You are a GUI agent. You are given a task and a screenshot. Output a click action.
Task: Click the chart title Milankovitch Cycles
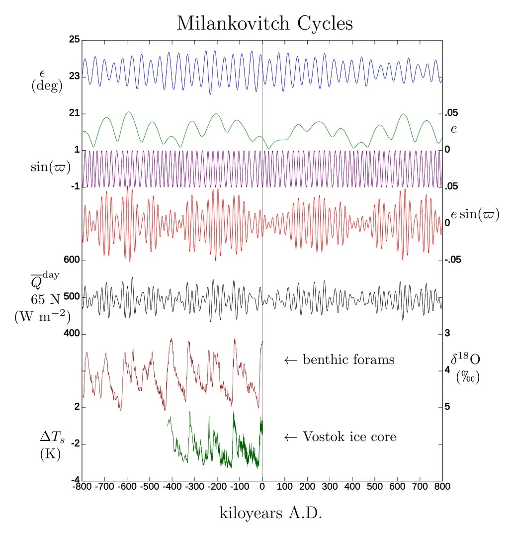[264, 23]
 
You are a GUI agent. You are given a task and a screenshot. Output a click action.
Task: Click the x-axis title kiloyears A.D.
[270, 513]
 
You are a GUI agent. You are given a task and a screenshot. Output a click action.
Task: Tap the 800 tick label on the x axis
[442, 486]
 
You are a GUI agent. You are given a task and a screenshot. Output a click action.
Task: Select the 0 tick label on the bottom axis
[262, 486]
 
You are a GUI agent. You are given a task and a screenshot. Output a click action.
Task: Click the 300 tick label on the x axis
[330, 486]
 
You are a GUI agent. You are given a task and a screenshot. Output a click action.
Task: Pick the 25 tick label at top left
[75, 40]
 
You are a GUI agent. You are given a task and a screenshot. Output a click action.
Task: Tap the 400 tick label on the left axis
[73, 334]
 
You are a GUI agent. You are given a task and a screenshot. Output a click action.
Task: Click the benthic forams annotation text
[348, 359]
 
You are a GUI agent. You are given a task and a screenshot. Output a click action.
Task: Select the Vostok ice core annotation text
[349, 437]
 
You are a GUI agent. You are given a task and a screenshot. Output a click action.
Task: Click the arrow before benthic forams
[290, 360]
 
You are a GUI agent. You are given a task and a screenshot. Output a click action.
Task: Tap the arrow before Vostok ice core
[290, 438]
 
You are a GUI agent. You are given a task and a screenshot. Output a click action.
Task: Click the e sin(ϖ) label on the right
[475, 215]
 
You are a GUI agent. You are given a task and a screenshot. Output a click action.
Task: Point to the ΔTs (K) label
[51, 445]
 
